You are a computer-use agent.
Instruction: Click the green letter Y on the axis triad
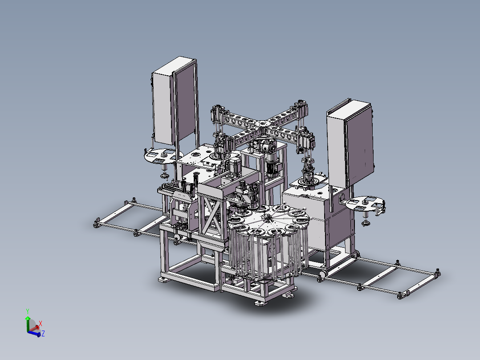click(28, 311)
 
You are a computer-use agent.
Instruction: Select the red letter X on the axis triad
click(41, 323)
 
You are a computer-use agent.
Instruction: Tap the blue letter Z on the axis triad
click(43, 334)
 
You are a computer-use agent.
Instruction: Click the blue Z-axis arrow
click(34, 334)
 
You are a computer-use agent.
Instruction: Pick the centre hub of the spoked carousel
click(267, 218)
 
